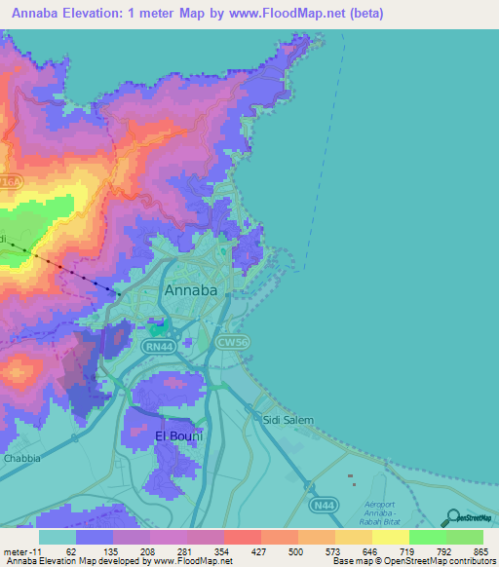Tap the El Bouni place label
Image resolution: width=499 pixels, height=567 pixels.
point(178,435)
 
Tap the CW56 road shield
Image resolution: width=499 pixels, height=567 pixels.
point(259,342)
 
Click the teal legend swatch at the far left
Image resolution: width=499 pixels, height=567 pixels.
point(57,536)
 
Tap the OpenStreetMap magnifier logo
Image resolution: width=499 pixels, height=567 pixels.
point(452,518)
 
